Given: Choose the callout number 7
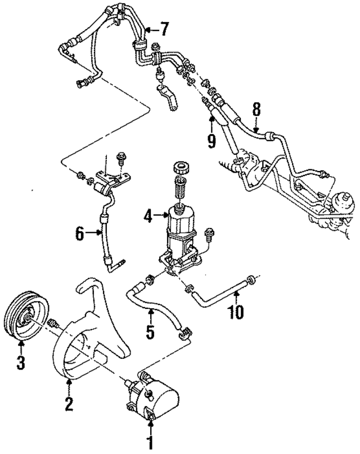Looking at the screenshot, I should click(164, 28).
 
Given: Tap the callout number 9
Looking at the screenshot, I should click(211, 141).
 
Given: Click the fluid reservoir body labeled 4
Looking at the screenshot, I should click(181, 222).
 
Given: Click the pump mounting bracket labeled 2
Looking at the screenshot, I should click(84, 343).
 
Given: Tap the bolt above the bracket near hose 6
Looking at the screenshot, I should click(120, 157).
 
